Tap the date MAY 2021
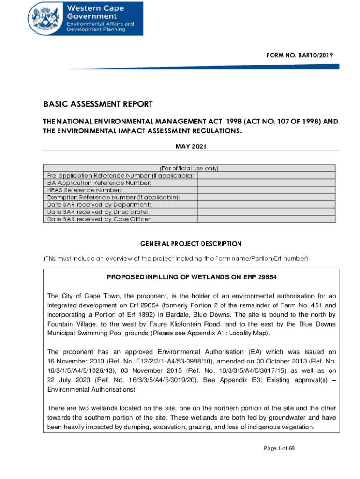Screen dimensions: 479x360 pyautogui.click(x=191, y=146)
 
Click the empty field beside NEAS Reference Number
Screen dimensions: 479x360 pyautogui.click(x=266, y=190)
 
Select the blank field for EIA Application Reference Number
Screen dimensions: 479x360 pyautogui.click(x=266, y=183)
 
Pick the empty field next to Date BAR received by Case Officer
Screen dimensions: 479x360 pyautogui.click(x=266, y=218)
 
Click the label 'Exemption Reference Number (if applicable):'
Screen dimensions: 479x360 pyautogui.click(x=114, y=197)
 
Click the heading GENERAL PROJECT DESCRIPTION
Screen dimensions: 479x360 pyautogui.click(x=191, y=244)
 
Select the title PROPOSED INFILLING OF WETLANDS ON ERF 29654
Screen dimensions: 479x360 pyautogui.click(x=192, y=277)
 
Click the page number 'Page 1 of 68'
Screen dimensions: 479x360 pyautogui.click(x=279, y=449)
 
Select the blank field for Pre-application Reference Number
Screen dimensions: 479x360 pyautogui.click(x=266, y=175)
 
